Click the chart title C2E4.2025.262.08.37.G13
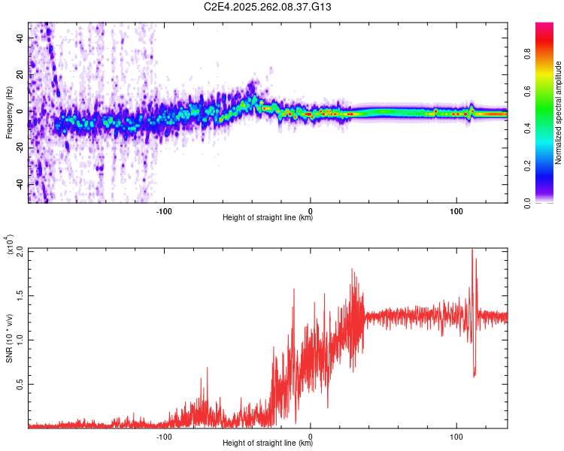coord(268,7)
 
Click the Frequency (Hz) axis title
coord(9,113)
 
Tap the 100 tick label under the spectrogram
coord(456,210)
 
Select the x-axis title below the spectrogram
coord(268,218)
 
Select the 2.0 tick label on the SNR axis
coord(18,250)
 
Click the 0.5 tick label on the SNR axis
coord(18,383)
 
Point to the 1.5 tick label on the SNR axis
coord(18,294)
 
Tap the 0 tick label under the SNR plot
coord(311,435)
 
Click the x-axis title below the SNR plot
coord(268,443)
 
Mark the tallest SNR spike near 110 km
coord(472,251)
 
